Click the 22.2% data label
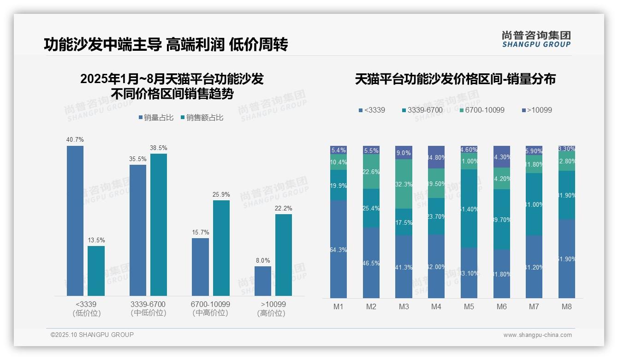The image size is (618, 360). [x=283, y=208]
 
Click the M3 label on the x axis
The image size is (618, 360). [x=404, y=306]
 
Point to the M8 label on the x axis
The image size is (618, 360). [x=566, y=306]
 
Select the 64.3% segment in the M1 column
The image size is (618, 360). [x=339, y=249]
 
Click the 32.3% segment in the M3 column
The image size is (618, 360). [x=404, y=184]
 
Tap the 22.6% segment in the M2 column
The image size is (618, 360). [x=371, y=171]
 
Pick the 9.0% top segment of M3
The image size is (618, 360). [x=404, y=152]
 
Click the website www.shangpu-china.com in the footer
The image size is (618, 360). [x=537, y=335]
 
